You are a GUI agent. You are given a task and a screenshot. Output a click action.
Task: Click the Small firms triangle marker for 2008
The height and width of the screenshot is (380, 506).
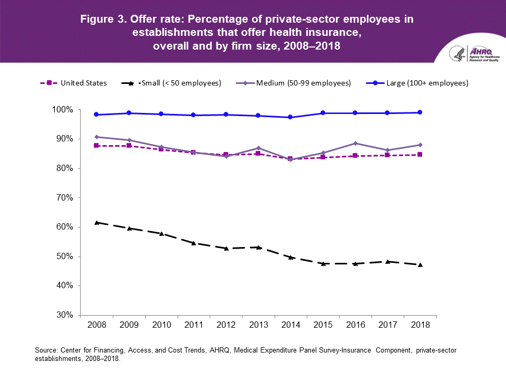point(96,223)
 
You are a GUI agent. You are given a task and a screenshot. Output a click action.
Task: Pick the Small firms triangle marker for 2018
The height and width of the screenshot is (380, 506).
point(420,264)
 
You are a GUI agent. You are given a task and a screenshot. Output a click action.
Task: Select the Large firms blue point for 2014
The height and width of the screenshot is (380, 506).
point(290,117)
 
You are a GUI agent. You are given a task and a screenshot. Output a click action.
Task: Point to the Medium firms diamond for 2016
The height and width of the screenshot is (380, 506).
point(355,143)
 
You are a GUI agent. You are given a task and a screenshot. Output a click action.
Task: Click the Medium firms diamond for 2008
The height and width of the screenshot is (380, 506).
point(96,137)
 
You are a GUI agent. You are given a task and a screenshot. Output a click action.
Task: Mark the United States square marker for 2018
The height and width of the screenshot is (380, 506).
point(420,155)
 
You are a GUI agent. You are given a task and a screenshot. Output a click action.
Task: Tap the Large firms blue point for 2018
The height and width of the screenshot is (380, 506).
point(420,112)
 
